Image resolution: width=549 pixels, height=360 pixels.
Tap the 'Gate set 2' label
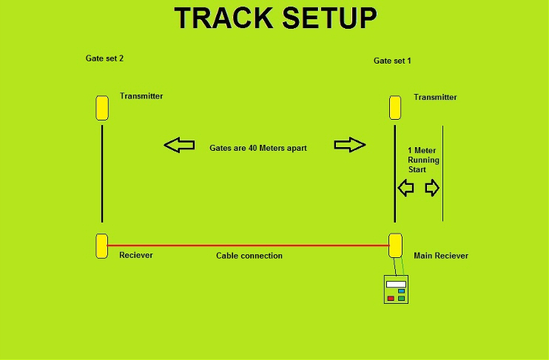coord(104,58)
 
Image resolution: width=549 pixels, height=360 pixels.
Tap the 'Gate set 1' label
coord(392,61)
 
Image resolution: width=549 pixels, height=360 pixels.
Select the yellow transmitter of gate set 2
coord(102,108)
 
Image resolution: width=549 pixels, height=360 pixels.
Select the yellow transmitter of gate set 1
coord(396,108)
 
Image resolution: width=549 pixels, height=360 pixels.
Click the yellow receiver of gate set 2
coord(102,245)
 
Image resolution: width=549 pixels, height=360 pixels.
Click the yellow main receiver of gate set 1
coord(396,245)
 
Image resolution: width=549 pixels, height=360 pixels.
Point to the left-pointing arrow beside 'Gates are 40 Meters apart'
coord(179,145)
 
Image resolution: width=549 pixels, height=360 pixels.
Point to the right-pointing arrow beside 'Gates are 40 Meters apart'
coord(350,145)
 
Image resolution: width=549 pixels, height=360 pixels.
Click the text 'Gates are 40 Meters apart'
coord(257,148)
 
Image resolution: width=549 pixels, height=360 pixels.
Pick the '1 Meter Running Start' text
coord(423,160)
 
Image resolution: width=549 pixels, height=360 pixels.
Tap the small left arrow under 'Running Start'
coord(405,189)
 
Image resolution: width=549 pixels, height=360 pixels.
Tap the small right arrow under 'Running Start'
coord(432,189)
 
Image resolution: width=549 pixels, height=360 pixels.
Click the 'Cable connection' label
coord(249,256)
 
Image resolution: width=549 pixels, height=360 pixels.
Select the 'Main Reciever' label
coord(441,256)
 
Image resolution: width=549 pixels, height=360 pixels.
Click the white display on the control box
coord(396,284)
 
